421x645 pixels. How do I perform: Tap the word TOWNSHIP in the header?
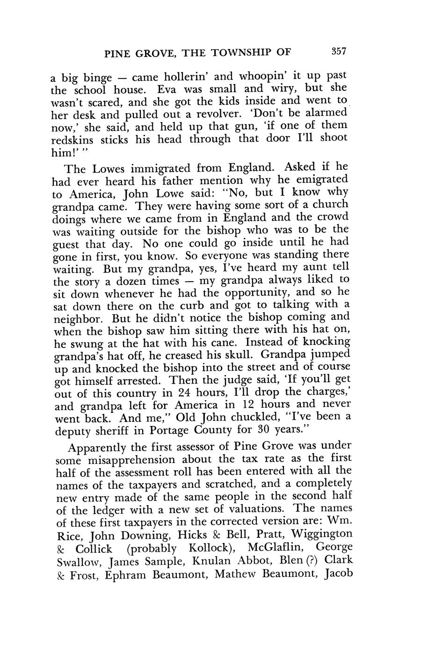pos(240,53)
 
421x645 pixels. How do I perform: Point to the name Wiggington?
pos(323,534)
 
